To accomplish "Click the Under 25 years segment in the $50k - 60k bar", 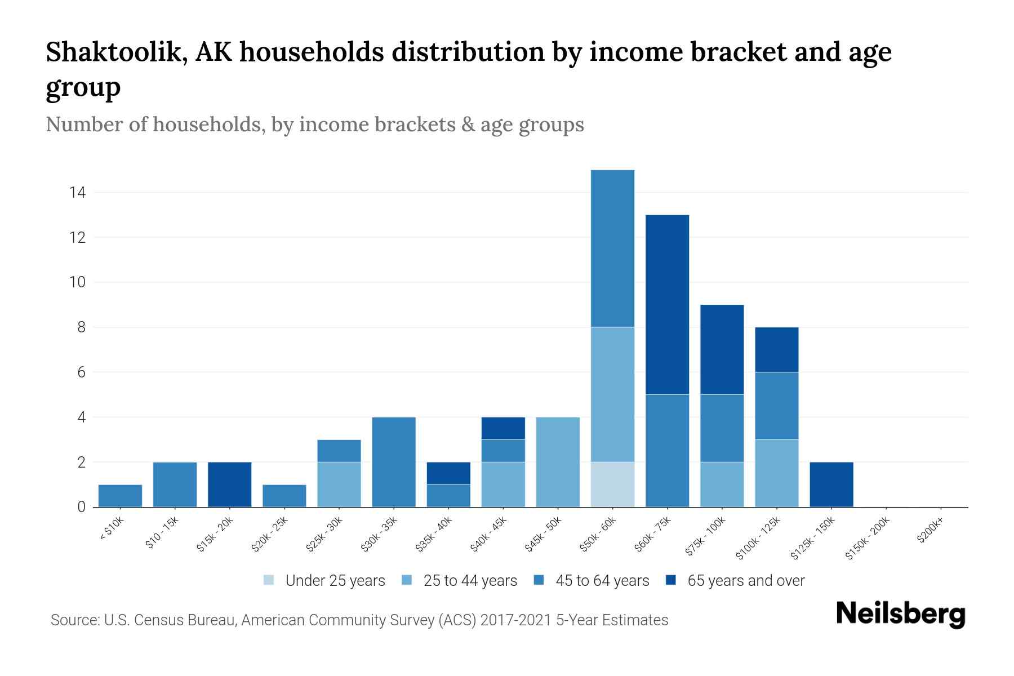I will point(612,484).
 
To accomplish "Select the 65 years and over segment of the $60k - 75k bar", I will point(667,304).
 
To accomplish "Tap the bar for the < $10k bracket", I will point(120,496).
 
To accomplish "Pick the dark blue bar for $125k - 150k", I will point(831,484).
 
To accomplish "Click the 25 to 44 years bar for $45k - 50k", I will point(558,462).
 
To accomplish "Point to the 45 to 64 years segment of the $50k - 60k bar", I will point(612,248).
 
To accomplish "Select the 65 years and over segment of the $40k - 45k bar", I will point(503,428).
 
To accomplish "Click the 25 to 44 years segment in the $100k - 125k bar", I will point(776,473).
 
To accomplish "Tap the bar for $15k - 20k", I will point(229,484).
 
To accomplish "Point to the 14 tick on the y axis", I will point(77,193).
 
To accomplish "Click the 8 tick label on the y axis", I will point(81,327).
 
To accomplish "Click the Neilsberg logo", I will point(900,614).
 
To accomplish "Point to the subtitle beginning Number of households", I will point(314,124).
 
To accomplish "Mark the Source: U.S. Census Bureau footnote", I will point(359,620).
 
